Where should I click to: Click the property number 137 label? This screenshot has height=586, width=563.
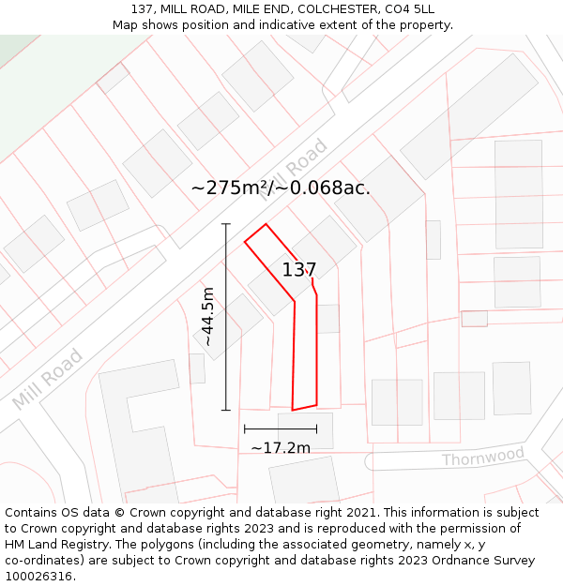[299, 270]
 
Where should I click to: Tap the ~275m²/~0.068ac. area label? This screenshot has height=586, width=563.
[281, 188]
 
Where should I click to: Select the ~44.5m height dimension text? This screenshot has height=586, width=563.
[208, 317]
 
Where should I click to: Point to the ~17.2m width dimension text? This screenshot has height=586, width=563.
[281, 448]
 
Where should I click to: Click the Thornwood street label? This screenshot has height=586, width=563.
[483, 458]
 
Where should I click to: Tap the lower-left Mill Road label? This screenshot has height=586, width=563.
[48, 380]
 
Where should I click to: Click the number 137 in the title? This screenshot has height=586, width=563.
[144, 8]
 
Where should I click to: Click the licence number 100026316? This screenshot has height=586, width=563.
[40, 577]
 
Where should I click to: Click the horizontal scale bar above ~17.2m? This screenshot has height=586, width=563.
[281, 428]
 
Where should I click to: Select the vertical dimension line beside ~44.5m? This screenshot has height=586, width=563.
[226, 317]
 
